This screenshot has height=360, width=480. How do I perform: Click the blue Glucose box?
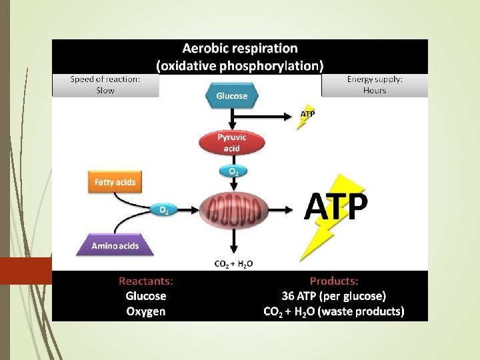(231, 96)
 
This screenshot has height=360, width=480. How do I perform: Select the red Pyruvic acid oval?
(231, 142)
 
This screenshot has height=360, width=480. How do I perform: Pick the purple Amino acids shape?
(115, 246)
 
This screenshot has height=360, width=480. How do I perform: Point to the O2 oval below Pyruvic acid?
(233, 171)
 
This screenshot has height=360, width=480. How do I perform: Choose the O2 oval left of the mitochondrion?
(163, 210)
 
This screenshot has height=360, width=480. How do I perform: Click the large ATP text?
(335, 207)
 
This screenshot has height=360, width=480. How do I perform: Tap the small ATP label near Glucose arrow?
(307, 114)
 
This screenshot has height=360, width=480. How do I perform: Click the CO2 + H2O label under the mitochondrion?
(233, 264)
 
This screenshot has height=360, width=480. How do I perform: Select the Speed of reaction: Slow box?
(105, 85)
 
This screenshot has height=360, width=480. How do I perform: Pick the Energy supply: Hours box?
(375, 85)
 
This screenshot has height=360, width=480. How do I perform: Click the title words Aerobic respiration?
(240, 49)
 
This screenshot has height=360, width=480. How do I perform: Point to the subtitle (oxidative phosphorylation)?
(240, 65)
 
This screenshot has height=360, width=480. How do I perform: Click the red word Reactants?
(145, 281)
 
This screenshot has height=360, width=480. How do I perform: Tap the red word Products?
(334, 281)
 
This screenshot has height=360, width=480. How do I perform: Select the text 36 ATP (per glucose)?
(334, 296)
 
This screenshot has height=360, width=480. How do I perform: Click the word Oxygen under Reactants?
(145, 311)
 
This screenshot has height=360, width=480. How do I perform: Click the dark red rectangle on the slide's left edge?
(25, 271)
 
